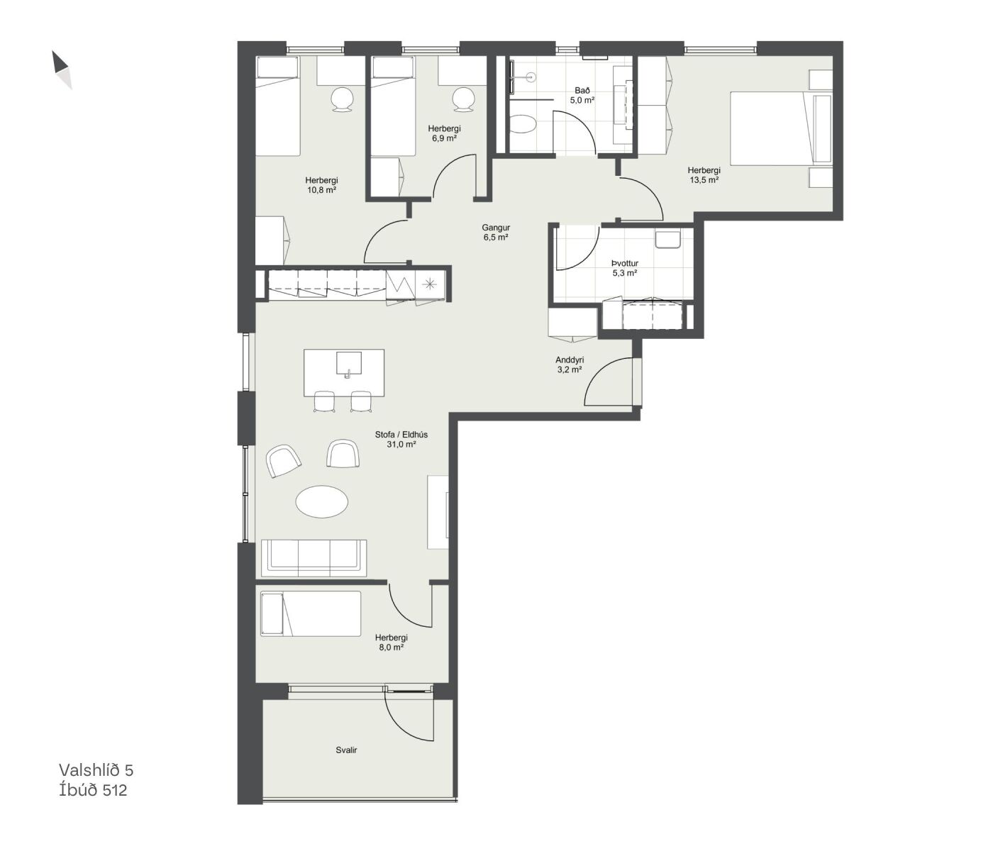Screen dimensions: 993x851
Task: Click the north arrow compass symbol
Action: click(62, 69)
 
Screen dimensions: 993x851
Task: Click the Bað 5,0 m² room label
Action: click(582, 95)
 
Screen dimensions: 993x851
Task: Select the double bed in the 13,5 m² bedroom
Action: click(781, 128)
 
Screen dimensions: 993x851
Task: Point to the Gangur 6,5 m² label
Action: click(496, 232)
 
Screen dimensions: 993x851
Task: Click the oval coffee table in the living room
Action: click(321, 501)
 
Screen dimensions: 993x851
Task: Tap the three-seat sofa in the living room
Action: click(314, 557)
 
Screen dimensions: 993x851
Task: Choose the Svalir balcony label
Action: click(346, 750)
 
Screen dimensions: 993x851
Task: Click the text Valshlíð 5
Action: click(96, 770)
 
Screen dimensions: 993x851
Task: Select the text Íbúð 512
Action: click(93, 790)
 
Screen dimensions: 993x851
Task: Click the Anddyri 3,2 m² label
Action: click(570, 365)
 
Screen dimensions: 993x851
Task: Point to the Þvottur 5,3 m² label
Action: click(625, 268)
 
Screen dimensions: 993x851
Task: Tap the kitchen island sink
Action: click(348, 362)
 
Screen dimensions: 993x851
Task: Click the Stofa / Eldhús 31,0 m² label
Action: click(401, 439)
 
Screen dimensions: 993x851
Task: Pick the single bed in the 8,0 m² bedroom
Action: click(311, 613)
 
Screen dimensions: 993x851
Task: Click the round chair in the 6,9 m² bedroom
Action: click(464, 99)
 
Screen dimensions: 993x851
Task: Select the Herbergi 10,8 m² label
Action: click(321, 185)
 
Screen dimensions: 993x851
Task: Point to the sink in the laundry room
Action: click(667, 239)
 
